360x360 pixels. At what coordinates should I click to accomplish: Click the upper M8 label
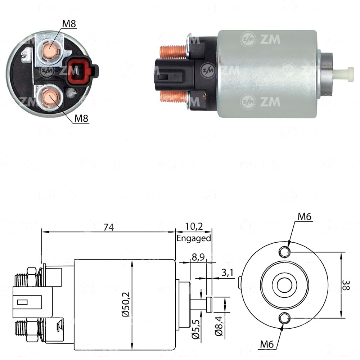pos(69,24)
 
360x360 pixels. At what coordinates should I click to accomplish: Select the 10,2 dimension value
pos(194,227)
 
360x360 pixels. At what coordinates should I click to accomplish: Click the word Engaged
pos(194,238)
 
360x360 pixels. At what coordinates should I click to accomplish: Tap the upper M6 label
pos(305,216)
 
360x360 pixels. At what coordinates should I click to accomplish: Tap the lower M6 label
pos(267,344)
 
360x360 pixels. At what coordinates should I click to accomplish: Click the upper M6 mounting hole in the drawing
pos(284,252)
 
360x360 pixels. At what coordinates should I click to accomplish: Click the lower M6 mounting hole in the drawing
pos(284,318)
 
